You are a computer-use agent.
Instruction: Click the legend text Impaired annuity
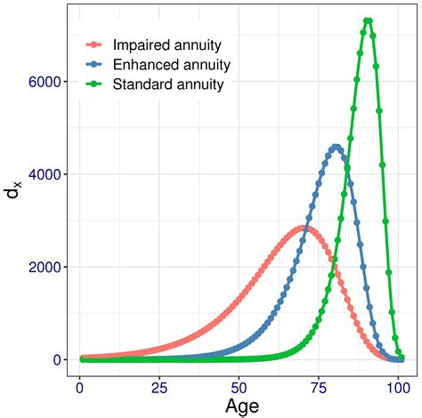167,44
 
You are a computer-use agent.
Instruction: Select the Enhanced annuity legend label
172,65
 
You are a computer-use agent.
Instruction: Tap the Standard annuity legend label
169,85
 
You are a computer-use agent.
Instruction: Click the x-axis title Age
236,406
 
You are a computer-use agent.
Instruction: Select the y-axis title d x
15,204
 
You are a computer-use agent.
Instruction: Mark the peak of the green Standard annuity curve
367,20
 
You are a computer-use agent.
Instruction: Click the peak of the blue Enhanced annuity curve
335,147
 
